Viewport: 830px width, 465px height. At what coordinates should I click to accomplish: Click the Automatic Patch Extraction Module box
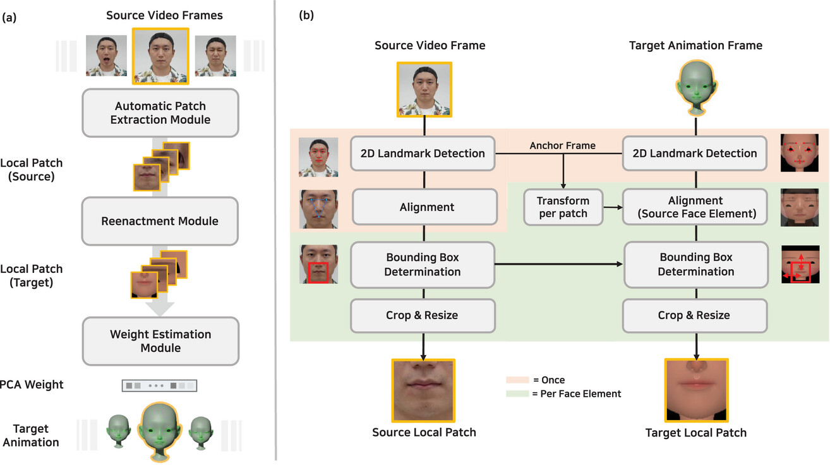[160, 112]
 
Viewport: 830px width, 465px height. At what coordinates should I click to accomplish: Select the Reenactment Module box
[160, 221]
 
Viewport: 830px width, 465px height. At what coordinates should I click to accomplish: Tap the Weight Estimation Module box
[160, 341]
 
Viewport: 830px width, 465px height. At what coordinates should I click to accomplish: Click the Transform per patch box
[562, 207]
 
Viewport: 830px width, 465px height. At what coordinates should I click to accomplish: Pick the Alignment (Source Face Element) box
[695, 207]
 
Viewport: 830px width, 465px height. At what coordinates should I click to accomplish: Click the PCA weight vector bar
[160, 385]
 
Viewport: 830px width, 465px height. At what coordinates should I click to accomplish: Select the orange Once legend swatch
[517, 380]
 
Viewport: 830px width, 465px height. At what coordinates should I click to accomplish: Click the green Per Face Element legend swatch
[517, 394]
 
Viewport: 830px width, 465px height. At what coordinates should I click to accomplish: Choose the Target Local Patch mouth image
[696, 390]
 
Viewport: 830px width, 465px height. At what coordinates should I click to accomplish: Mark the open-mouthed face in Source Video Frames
[106, 56]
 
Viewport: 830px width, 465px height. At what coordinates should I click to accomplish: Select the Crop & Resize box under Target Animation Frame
[695, 315]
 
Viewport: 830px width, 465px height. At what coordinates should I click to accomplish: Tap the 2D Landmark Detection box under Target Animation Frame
[695, 153]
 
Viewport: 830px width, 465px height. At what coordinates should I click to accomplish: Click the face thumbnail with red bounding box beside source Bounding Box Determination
[319, 264]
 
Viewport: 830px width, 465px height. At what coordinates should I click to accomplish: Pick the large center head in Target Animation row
[160, 430]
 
